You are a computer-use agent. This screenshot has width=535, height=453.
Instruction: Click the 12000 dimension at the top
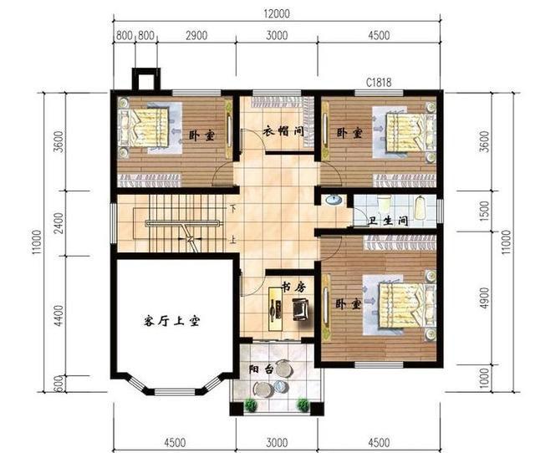point(277,13)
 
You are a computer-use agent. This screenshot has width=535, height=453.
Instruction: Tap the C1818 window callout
point(379,83)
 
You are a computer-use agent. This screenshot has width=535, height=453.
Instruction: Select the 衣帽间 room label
point(283,131)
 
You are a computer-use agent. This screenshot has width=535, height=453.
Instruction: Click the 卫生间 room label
point(389,221)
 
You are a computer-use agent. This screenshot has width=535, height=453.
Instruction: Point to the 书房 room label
point(293,288)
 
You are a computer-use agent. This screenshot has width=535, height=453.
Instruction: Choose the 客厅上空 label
point(171,321)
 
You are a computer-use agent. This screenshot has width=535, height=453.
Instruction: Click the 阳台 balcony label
point(261,369)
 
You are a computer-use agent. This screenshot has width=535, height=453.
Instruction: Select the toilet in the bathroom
point(385,203)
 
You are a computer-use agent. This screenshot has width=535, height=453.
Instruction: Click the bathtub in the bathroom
point(420,207)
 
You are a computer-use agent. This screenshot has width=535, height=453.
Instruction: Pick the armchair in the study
point(301,308)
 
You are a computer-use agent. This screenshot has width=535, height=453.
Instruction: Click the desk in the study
point(275,308)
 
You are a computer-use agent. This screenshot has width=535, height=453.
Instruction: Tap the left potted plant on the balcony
point(251,405)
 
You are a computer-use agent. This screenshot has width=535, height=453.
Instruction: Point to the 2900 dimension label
point(196,35)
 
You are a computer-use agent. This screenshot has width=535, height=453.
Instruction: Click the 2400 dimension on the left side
point(59,223)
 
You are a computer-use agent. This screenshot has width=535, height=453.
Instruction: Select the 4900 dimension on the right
point(484,298)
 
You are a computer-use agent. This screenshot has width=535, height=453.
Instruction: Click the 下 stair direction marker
point(233,209)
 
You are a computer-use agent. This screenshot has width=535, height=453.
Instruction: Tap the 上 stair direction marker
point(233,240)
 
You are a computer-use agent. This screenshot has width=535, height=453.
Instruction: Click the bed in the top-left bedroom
point(143,128)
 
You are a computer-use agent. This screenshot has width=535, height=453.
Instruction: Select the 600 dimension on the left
point(59,384)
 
